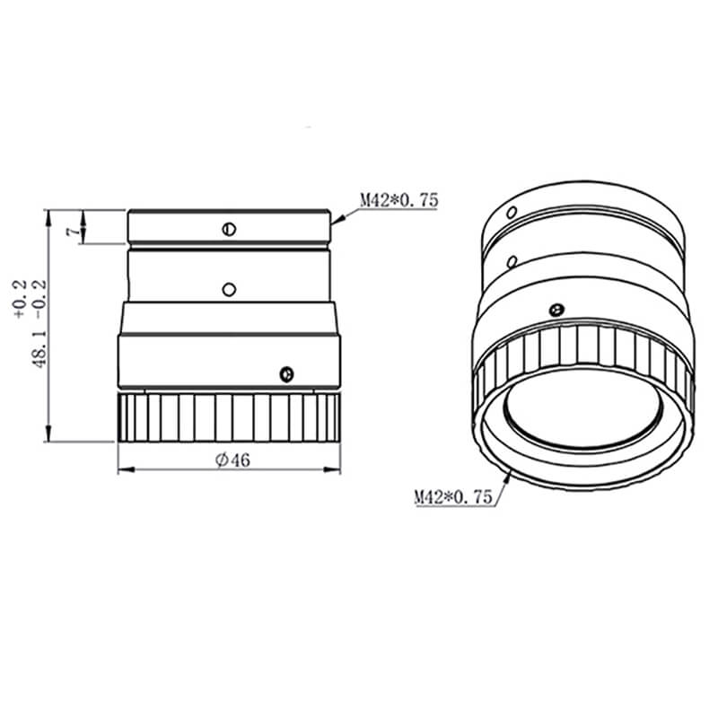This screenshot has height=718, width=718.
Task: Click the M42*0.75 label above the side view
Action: [398, 201]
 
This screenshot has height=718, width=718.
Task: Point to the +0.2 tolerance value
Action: [20, 302]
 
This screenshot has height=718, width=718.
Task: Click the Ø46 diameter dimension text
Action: [232, 460]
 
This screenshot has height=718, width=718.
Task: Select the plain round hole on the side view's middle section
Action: [229, 289]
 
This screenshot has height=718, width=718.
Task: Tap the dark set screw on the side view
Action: [286, 372]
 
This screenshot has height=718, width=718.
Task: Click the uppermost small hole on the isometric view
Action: [511, 213]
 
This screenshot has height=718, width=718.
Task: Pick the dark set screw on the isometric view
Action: [556, 310]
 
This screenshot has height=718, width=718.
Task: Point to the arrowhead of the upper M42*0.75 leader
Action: [336, 220]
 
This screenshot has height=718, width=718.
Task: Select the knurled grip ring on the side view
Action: [230, 418]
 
